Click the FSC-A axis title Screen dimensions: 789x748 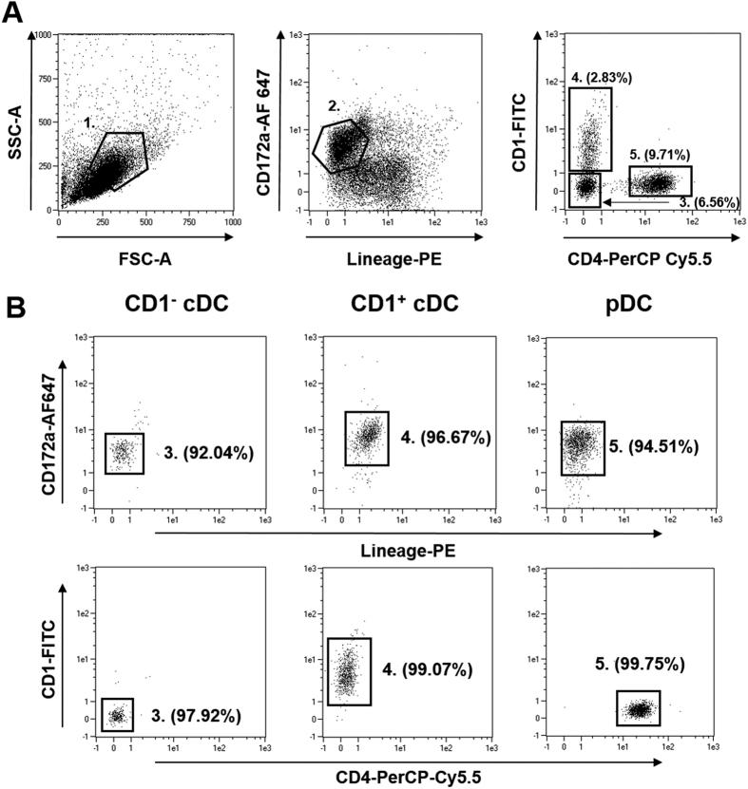145,254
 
